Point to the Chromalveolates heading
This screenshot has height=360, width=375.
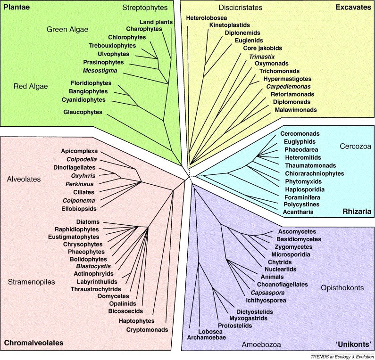[33, 344]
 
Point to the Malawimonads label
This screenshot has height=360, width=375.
[295, 110]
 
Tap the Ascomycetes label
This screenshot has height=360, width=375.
[296, 231]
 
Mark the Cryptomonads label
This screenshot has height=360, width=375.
[147, 329]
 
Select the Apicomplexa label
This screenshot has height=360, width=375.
[79, 151]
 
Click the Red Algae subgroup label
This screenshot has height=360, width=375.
[31, 87]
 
